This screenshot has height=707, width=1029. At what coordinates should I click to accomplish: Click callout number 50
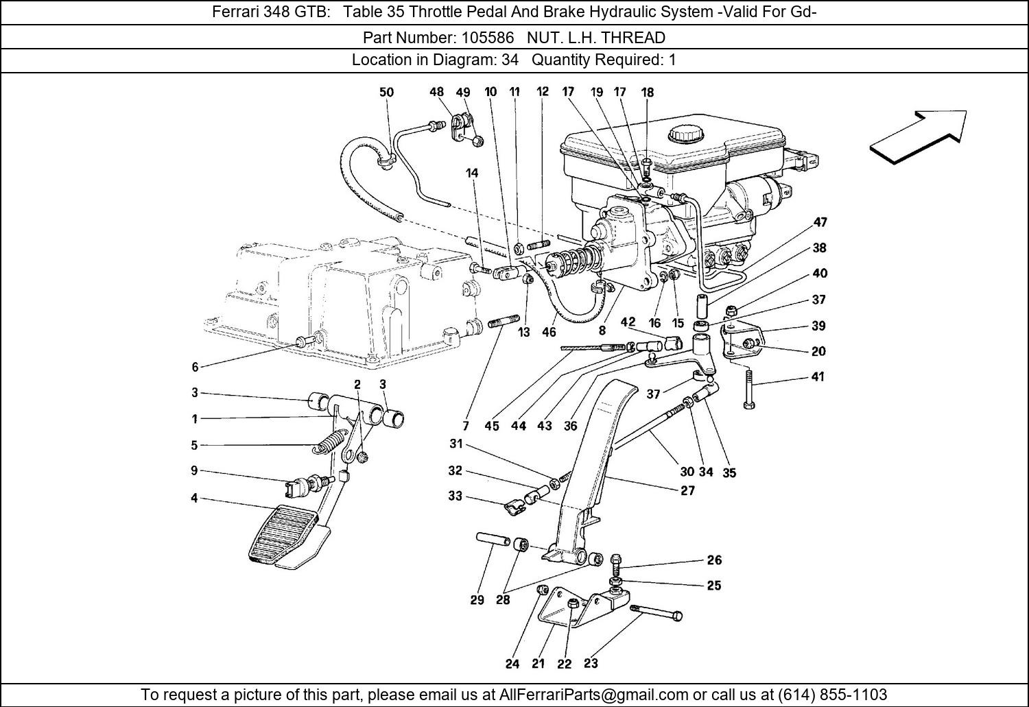(x=386, y=92)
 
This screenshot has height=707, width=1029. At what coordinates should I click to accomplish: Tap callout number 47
(x=820, y=222)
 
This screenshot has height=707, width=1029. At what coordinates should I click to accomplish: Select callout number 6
(x=195, y=367)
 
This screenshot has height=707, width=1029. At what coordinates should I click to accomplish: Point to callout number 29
(x=477, y=600)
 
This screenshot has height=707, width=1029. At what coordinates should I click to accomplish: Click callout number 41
(x=818, y=376)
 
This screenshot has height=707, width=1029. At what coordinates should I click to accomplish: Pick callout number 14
(x=472, y=173)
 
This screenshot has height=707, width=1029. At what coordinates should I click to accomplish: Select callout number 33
(x=456, y=495)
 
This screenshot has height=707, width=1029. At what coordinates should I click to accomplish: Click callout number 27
(x=687, y=490)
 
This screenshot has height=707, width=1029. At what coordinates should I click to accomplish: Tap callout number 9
(x=195, y=470)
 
